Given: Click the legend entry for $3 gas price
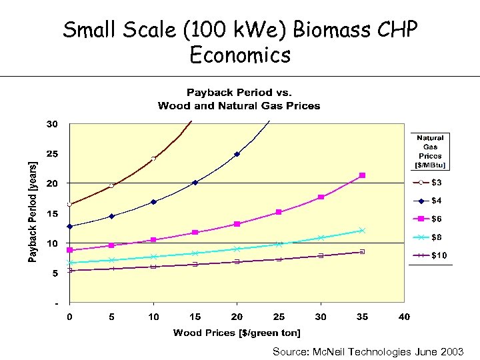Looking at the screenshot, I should (430, 182).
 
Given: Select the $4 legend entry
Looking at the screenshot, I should (430, 200).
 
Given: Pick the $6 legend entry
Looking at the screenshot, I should (430, 219).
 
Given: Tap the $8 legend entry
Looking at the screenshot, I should (430, 237).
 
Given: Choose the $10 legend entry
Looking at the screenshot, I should (430, 255).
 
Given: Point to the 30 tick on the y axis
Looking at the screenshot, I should (52, 124).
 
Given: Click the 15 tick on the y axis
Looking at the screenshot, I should (52, 213).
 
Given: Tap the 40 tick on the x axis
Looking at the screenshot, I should (404, 317).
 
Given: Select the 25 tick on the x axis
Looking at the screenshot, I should (279, 317).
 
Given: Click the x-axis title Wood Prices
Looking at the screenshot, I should (237, 333).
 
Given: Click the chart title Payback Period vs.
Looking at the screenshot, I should (239, 93).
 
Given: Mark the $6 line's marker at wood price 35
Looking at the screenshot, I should (362, 175).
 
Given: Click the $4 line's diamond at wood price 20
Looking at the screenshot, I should (237, 154).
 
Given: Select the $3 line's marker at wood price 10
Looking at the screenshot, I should (153, 159).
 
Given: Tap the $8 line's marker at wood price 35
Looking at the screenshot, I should (362, 231).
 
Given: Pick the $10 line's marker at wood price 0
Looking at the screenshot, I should (69, 270).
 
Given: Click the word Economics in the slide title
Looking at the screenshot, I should (240, 55).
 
